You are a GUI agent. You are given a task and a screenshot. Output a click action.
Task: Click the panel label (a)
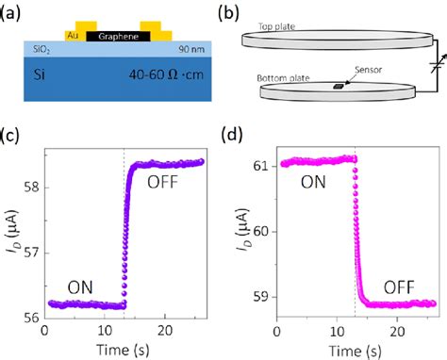(12, 13)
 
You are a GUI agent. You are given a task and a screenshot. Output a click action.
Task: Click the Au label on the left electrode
(73, 37)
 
